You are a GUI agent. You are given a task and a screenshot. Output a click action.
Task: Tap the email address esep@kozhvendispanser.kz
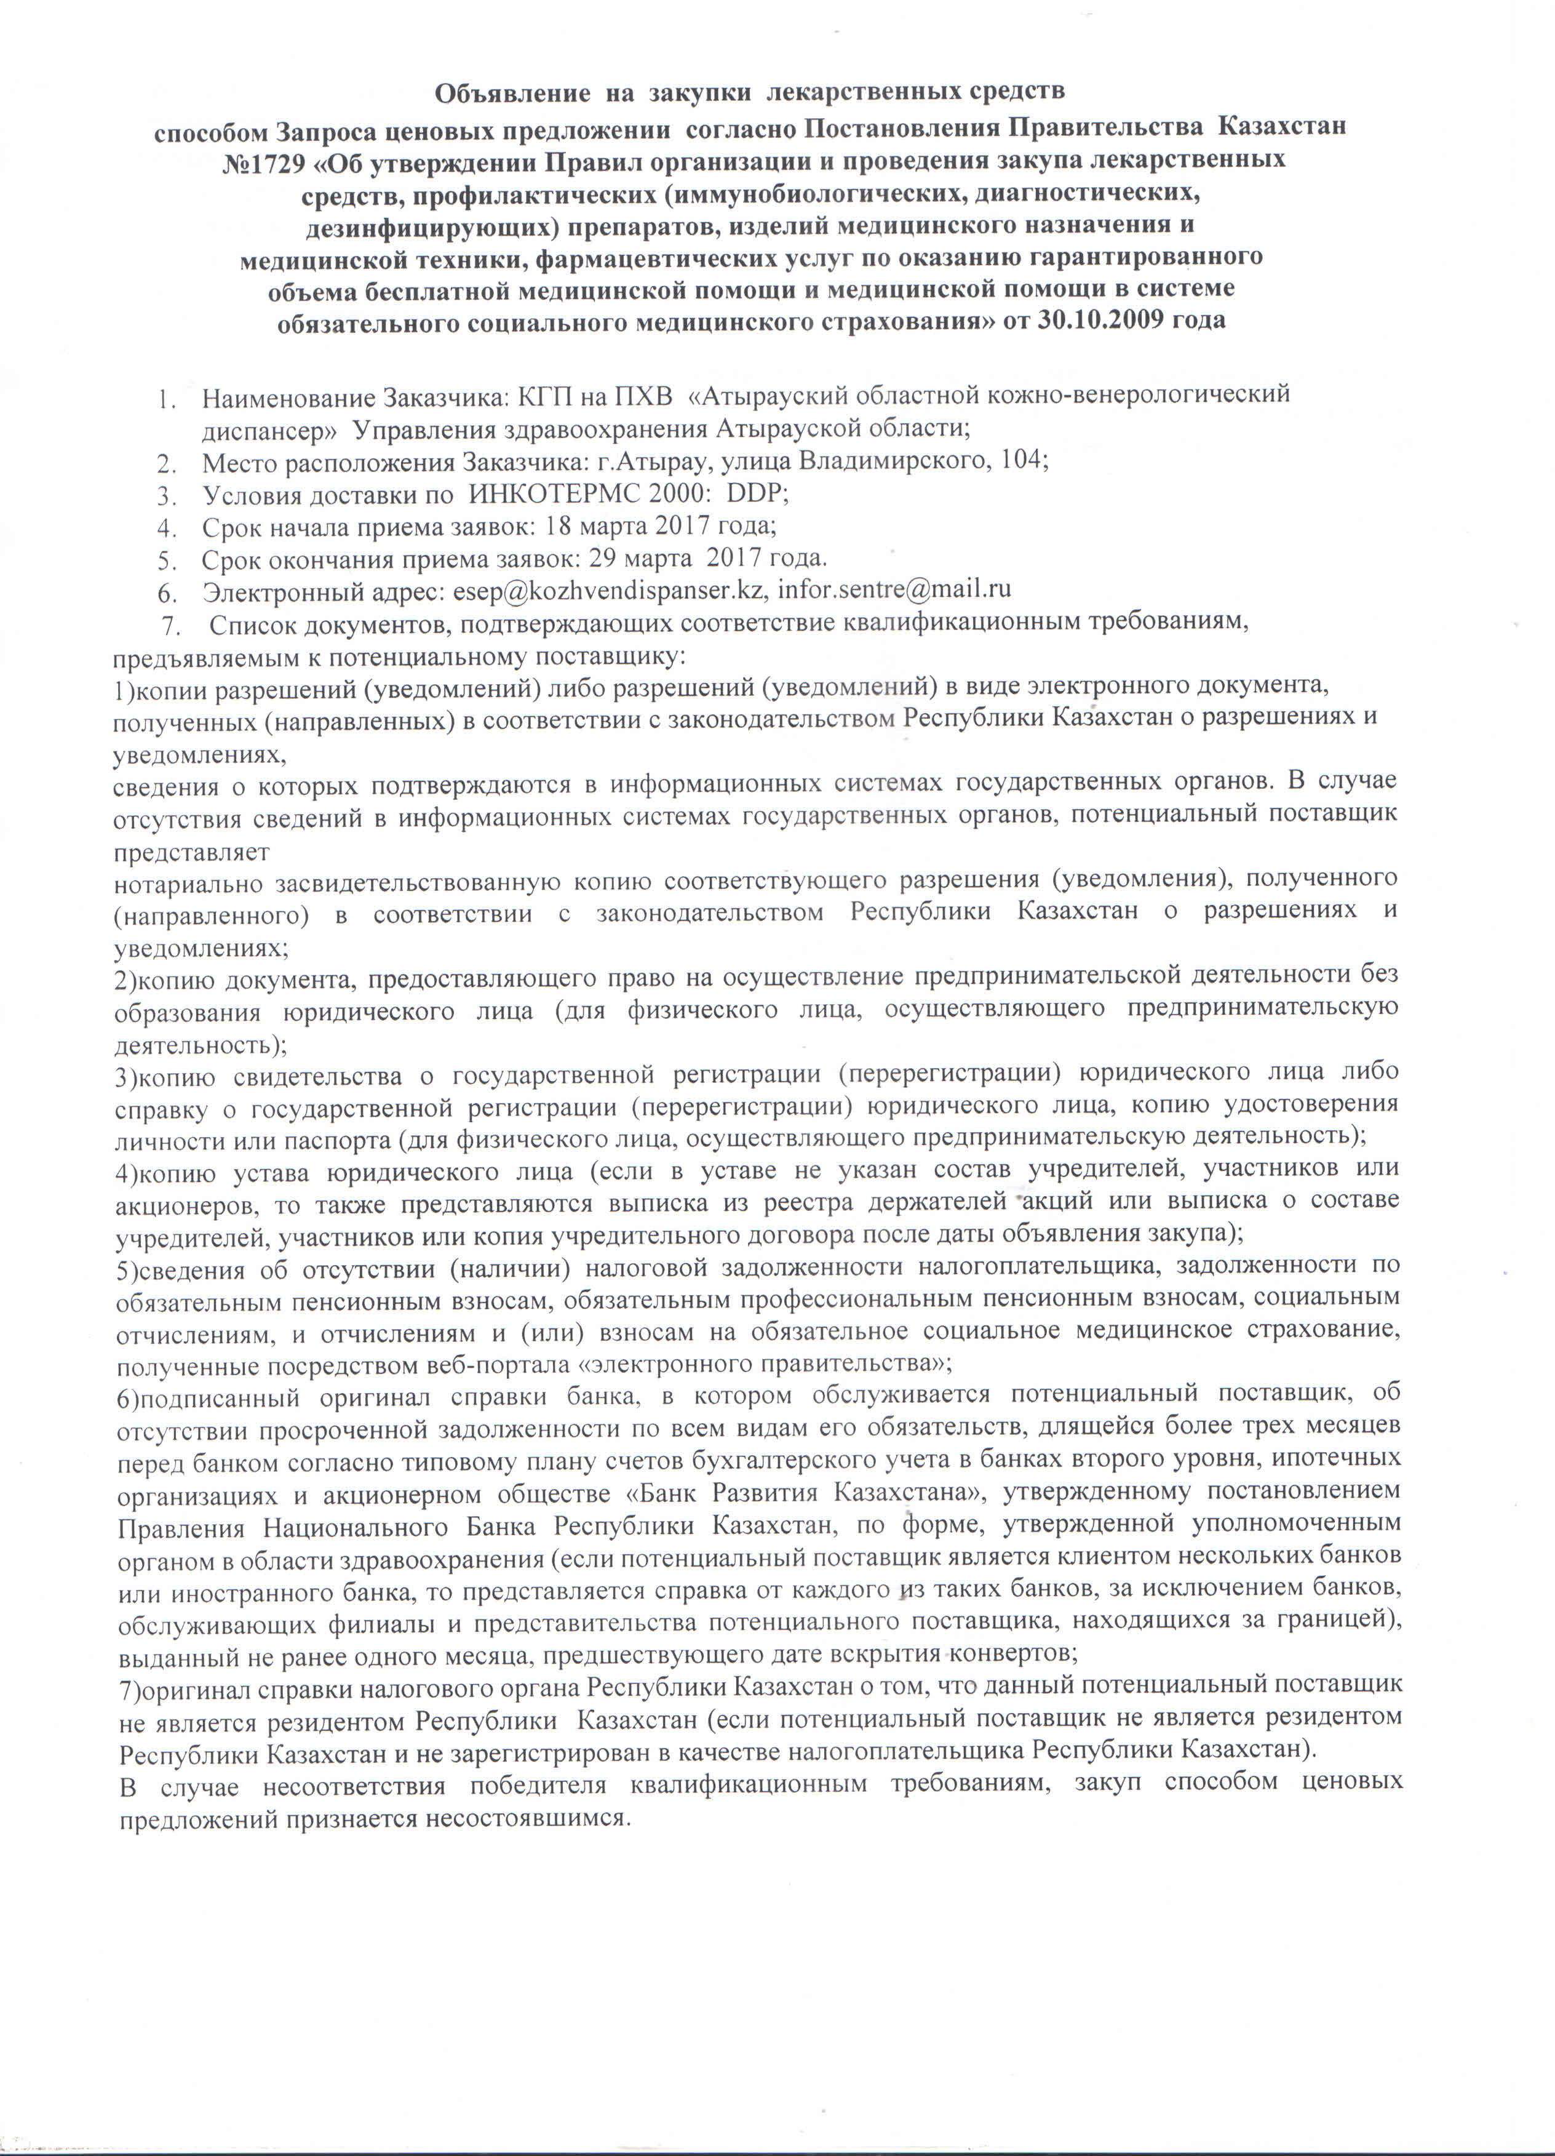(608, 589)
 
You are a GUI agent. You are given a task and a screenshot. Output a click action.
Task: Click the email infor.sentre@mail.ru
(894, 589)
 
